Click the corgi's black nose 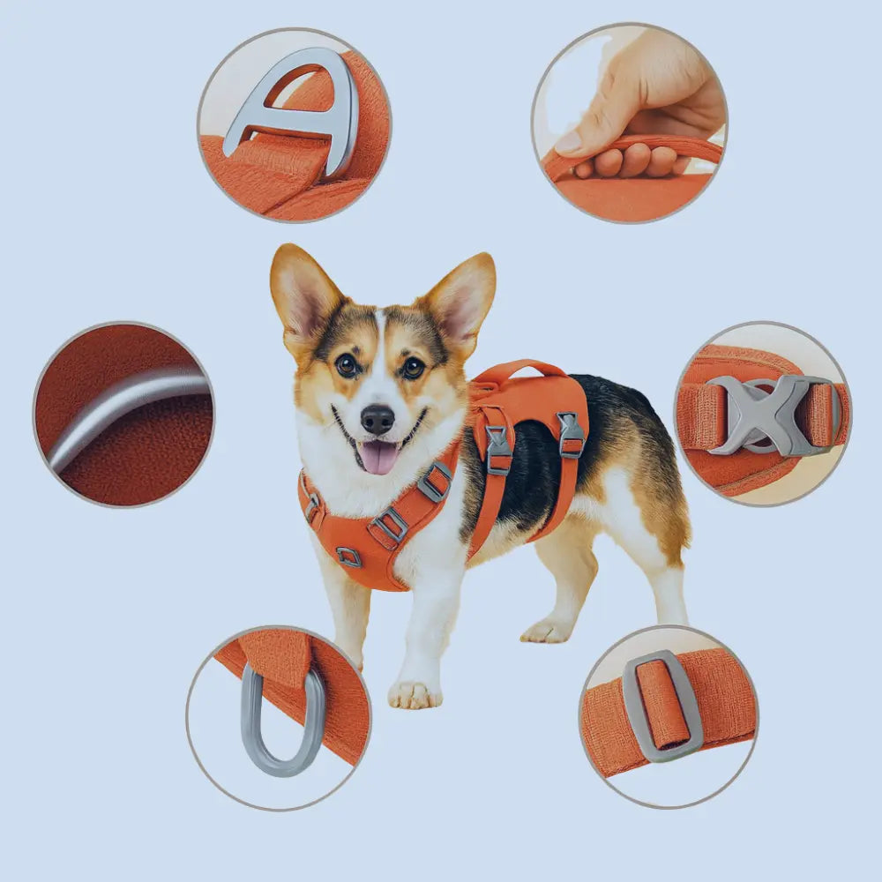point(377,419)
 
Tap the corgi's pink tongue point(380,457)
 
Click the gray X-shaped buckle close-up point(766,415)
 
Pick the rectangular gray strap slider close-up point(662,706)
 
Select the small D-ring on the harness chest point(349,556)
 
